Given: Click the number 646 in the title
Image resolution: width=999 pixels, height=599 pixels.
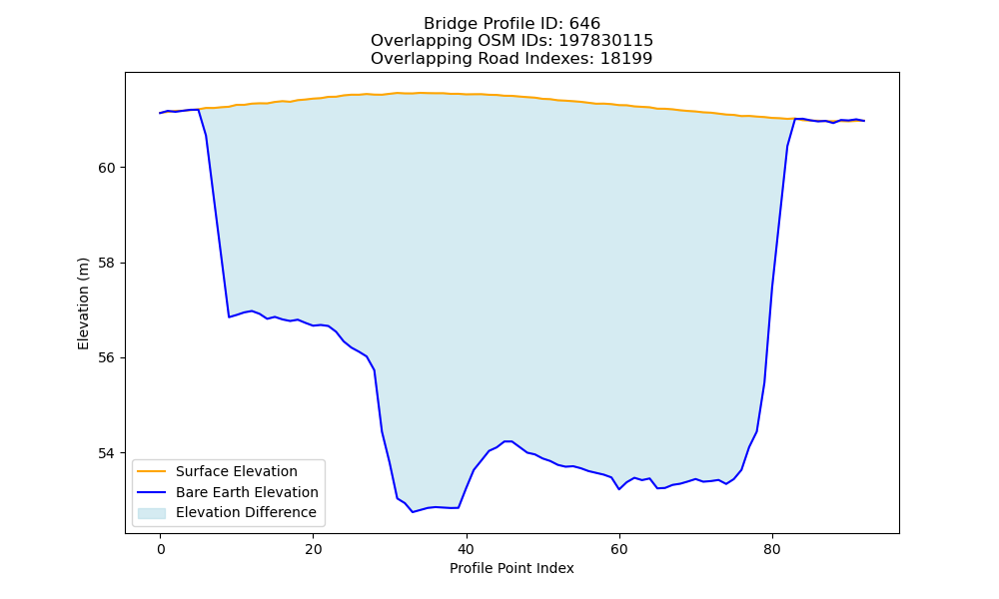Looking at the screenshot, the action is pyautogui.click(x=584, y=24).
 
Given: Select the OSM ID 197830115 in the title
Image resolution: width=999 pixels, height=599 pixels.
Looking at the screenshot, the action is pyautogui.click(x=606, y=41).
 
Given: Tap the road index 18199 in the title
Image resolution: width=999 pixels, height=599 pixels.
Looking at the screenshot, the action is pyautogui.click(x=626, y=59).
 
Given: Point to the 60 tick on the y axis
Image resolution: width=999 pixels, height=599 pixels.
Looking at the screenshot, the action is pyautogui.click(x=107, y=168).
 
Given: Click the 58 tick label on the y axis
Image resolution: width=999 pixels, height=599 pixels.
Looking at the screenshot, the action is pyautogui.click(x=107, y=263).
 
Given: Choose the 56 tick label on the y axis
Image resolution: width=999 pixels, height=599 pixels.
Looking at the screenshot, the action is pyautogui.click(x=107, y=358).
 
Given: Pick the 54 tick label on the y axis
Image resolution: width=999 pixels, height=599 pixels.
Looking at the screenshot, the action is pyautogui.click(x=107, y=453).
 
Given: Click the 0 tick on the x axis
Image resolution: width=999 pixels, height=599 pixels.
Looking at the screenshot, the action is pyautogui.click(x=161, y=549).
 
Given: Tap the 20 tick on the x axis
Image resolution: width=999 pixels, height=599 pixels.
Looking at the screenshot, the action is pyautogui.click(x=314, y=549).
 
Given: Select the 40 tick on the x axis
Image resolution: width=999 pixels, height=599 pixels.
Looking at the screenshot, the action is pyautogui.click(x=467, y=549).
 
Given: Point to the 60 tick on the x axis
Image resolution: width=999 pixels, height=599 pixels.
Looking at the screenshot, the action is pyautogui.click(x=619, y=549).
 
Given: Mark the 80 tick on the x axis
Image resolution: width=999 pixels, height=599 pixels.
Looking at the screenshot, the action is pyautogui.click(x=772, y=549).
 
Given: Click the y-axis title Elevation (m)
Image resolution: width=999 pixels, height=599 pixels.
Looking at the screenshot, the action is pyautogui.click(x=84, y=303).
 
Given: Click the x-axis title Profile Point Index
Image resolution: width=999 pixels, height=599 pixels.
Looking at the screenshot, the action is pyautogui.click(x=511, y=568).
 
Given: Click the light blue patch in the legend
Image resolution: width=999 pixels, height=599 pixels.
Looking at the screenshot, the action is pyautogui.click(x=152, y=513).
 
